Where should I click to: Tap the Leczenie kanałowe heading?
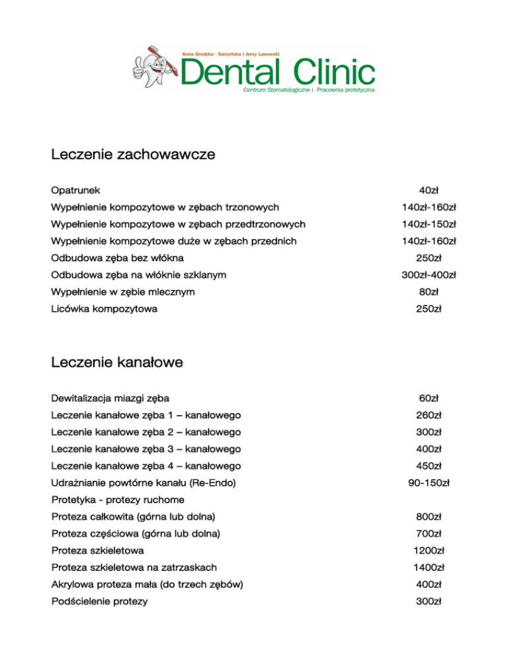[x=116, y=362]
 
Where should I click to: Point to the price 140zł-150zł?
[x=429, y=223]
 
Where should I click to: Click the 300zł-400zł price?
[x=429, y=274]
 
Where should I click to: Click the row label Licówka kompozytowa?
[x=104, y=309]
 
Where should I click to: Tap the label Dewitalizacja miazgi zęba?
[x=110, y=398]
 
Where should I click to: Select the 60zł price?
[x=429, y=398]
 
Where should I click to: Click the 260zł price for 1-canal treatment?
[x=429, y=415]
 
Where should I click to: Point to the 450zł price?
[x=429, y=466]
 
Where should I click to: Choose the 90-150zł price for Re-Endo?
[x=429, y=483]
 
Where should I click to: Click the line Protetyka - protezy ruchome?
[x=117, y=499]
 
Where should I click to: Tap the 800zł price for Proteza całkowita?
[x=429, y=516]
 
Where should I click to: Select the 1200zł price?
[x=429, y=550]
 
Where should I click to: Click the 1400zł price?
[x=429, y=567]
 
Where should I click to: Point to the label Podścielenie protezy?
[x=99, y=601]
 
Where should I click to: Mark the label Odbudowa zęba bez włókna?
[x=117, y=258]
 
